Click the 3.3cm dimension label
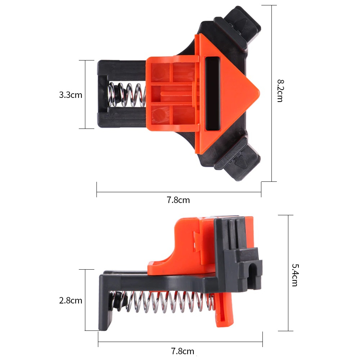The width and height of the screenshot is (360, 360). (71, 95)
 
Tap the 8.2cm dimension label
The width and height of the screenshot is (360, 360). (280, 91)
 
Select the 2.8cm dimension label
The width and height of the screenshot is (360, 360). (71, 300)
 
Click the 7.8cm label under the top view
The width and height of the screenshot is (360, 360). (178, 200)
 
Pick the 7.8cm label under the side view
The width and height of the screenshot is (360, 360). (183, 351)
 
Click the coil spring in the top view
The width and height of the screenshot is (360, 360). (127, 95)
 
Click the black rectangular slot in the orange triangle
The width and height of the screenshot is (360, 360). (212, 94)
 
